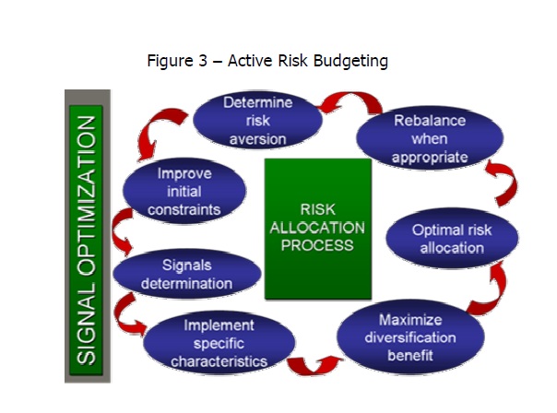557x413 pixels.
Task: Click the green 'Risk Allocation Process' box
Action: (x=317, y=229)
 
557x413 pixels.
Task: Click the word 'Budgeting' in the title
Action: (x=350, y=62)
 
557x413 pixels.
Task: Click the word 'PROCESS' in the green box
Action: (x=316, y=246)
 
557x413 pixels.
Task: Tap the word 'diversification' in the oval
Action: (x=412, y=338)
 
